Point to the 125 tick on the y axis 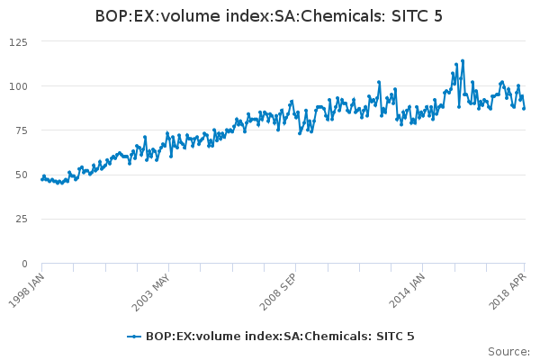tap(17, 42)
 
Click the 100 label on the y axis tap(17, 86)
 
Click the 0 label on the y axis tap(24, 264)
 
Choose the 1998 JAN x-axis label tap(27, 291)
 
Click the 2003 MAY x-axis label tap(153, 291)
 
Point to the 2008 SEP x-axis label tap(281, 291)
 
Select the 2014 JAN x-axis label tap(410, 291)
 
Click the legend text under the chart tap(280, 337)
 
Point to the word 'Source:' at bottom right tap(508, 351)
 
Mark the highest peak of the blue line tap(463, 61)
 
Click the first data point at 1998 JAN tap(42, 180)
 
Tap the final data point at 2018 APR tap(524, 108)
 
